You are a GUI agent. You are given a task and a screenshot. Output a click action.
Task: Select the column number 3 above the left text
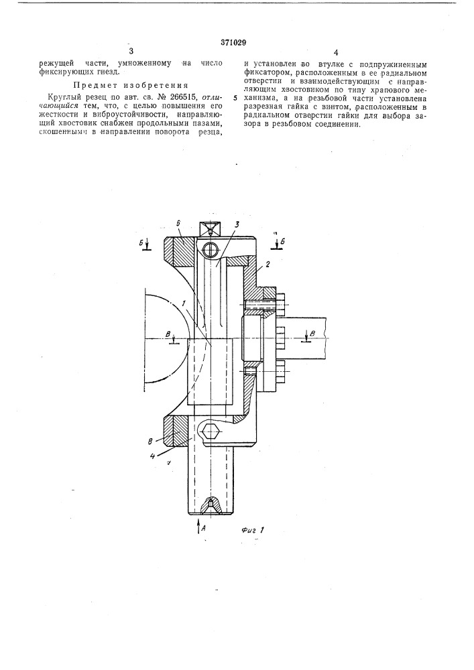click(131, 52)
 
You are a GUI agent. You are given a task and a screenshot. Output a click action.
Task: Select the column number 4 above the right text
click(336, 53)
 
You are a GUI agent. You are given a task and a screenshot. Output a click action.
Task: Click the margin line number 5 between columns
click(235, 98)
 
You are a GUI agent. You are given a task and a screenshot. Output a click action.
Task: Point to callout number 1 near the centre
click(182, 303)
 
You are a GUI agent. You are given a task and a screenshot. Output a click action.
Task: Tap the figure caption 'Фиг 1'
click(251, 530)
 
